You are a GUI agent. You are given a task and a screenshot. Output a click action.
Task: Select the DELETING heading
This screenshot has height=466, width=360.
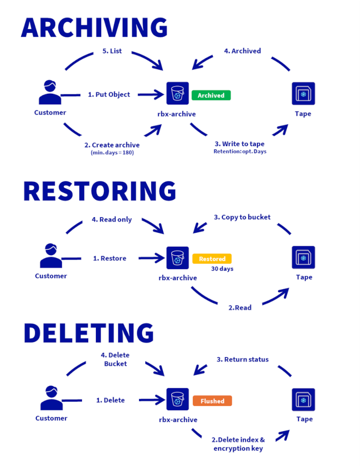pyautogui.click(x=89, y=333)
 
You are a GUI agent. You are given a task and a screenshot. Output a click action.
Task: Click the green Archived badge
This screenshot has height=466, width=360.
pyautogui.click(x=211, y=95)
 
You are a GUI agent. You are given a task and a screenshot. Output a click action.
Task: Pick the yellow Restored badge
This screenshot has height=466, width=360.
pyautogui.click(x=212, y=259)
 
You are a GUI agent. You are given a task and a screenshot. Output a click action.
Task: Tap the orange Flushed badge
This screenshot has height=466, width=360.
pyautogui.click(x=212, y=401)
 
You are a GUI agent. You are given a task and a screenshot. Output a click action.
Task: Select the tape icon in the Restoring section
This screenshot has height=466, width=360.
pyautogui.click(x=303, y=257)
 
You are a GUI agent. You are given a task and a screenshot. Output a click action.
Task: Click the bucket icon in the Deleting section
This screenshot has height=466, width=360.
pyautogui.click(x=177, y=400)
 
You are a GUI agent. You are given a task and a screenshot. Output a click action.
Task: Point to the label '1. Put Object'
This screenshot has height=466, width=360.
pyautogui.click(x=109, y=94)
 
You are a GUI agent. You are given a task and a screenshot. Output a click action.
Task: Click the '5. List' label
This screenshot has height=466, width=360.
pyautogui.click(x=112, y=51)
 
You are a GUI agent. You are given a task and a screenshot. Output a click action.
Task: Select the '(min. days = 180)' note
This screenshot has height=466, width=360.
pyautogui.click(x=112, y=153)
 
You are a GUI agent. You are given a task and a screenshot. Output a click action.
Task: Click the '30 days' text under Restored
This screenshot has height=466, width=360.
pyautogui.click(x=222, y=269)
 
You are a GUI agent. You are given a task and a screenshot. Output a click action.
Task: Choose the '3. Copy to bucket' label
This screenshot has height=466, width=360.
pyautogui.click(x=242, y=217)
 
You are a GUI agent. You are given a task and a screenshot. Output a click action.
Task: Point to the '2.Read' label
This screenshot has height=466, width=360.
pyautogui.click(x=240, y=307)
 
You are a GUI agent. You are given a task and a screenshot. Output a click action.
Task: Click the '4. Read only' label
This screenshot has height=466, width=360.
pyautogui.click(x=112, y=219)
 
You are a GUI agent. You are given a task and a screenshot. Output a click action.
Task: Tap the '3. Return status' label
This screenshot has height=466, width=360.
pyautogui.click(x=243, y=359)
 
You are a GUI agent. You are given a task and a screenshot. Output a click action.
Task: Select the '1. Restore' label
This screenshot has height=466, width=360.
pyautogui.click(x=109, y=258)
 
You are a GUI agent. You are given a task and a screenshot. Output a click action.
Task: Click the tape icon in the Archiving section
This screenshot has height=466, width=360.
pyautogui.click(x=303, y=94)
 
